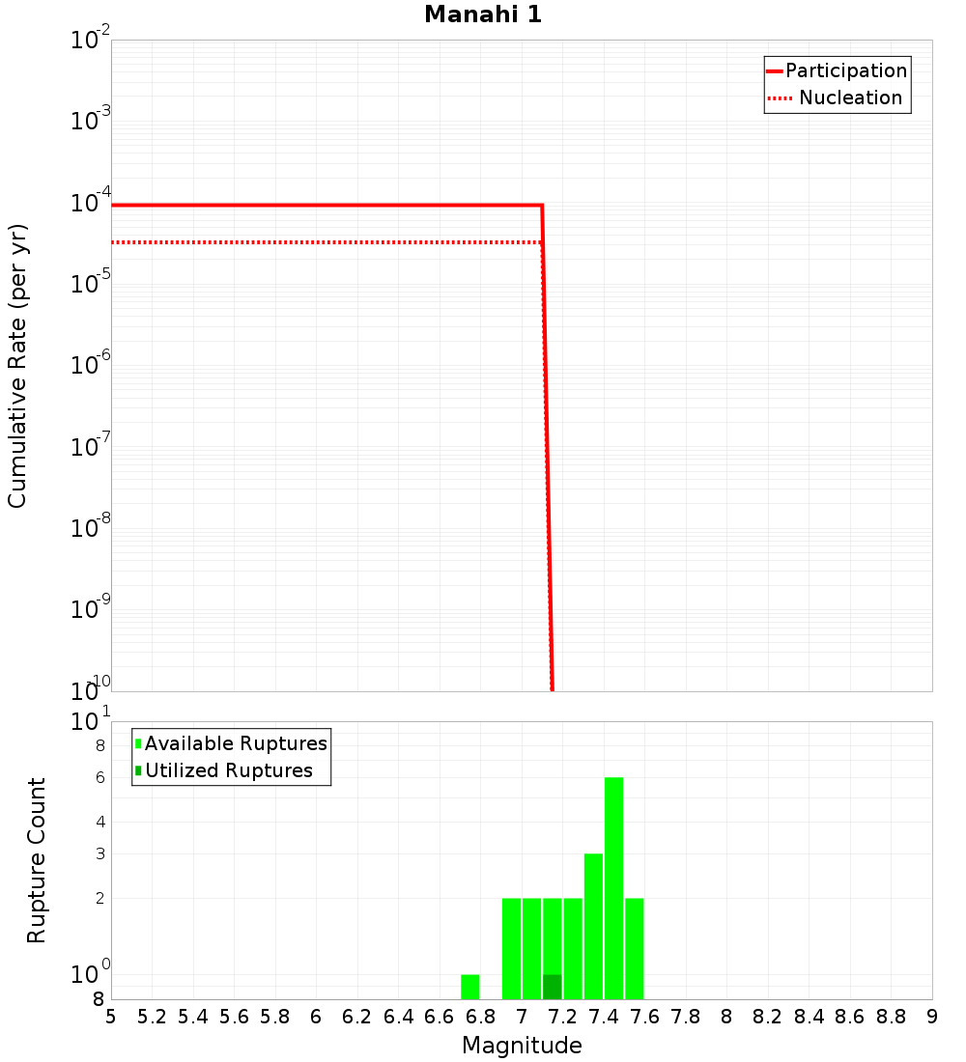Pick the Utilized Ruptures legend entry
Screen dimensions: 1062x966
(228, 770)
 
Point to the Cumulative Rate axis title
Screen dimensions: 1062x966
(17, 366)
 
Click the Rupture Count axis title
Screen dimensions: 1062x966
(37, 860)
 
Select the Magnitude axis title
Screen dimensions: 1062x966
(522, 1046)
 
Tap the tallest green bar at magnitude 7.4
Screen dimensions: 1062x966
(613, 888)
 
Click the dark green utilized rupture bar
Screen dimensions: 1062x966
(552, 987)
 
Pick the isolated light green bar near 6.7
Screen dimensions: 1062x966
(470, 987)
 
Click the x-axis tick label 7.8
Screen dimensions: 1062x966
(686, 1017)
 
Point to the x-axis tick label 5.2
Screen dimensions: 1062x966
(152, 1017)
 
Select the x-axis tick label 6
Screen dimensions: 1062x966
(316, 1017)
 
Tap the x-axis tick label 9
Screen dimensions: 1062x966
(931, 1017)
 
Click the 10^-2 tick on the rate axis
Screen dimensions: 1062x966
(91, 41)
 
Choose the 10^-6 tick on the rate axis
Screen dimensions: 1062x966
(91, 366)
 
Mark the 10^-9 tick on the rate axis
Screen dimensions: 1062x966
(91, 610)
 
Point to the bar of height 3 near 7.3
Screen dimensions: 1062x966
(593, 927)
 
